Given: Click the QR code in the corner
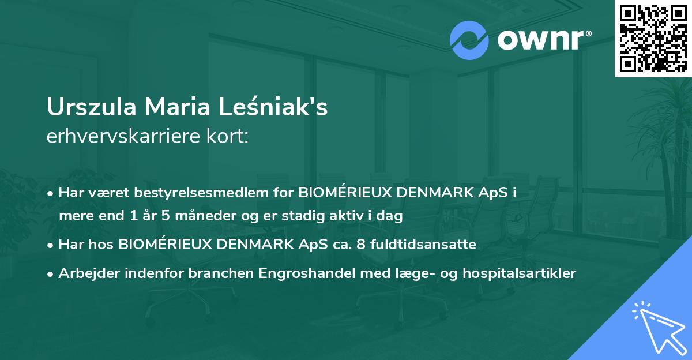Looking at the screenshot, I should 653,39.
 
